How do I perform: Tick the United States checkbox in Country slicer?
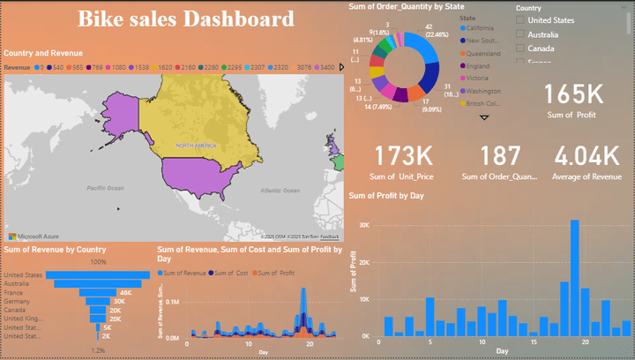[520, 19]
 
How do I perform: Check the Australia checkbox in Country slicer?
[520, 34]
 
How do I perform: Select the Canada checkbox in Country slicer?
[520, 48]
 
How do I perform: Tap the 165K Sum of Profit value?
[572, 95]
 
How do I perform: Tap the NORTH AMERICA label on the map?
[196, 145]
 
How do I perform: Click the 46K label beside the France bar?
[125, 292]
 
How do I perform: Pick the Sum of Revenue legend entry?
[183, 273]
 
